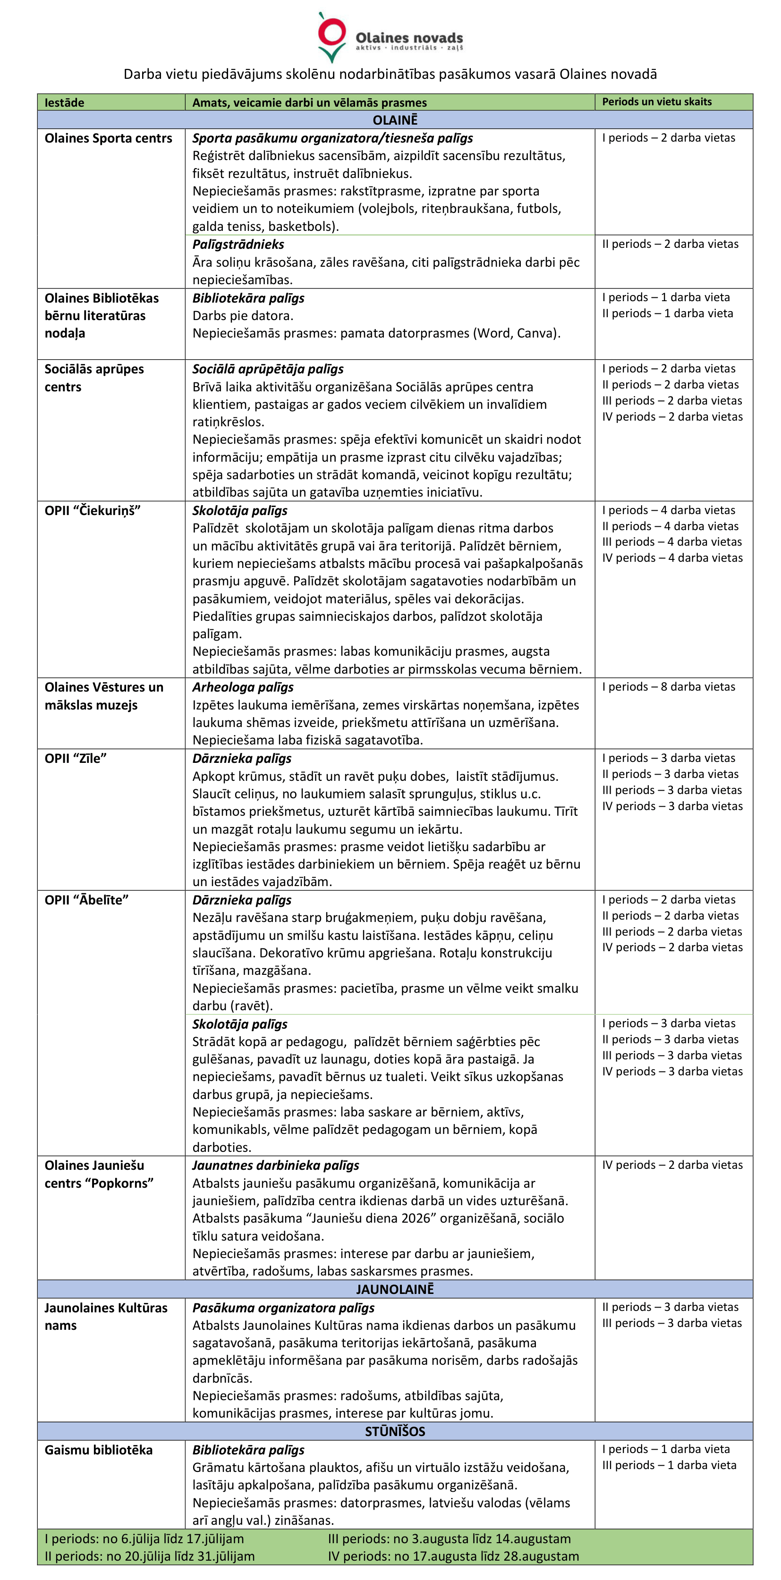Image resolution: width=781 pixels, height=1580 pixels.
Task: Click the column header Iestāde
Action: coord(64,102)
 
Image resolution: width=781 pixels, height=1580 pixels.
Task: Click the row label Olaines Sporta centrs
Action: coord(108,139)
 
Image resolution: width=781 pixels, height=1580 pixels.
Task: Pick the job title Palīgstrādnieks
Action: coord(238,245)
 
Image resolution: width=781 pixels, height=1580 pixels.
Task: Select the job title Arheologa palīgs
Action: coord(243,688)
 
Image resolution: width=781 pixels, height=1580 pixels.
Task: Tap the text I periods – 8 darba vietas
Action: coord(668,687)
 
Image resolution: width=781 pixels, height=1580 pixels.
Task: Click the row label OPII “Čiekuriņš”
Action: coord(93,511)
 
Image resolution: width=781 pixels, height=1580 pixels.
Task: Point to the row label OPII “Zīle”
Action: coord(76,759)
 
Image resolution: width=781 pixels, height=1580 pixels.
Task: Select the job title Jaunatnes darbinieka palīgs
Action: coord(275,1166)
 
